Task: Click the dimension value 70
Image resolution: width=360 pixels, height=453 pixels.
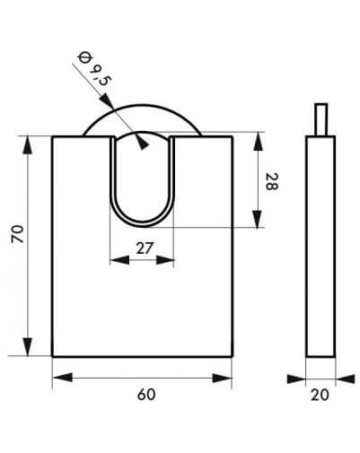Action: pos(17,233)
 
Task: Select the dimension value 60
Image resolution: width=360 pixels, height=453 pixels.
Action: pos(146,395)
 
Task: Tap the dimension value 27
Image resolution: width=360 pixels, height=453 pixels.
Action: pos(145,248)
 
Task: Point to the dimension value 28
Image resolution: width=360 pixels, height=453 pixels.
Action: pos(272,181)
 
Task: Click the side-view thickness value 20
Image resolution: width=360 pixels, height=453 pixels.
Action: pos(320,395)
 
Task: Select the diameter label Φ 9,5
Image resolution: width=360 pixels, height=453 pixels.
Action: pos(92,69)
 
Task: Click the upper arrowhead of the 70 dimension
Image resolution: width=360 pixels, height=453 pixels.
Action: pos(28,145)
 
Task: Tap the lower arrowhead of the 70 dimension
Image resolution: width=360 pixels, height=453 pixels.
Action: pos(28,347)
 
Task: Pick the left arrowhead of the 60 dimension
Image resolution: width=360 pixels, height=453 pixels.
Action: pos(63,378)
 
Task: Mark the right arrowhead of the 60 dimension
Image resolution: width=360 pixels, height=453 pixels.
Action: pos(222,379)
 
